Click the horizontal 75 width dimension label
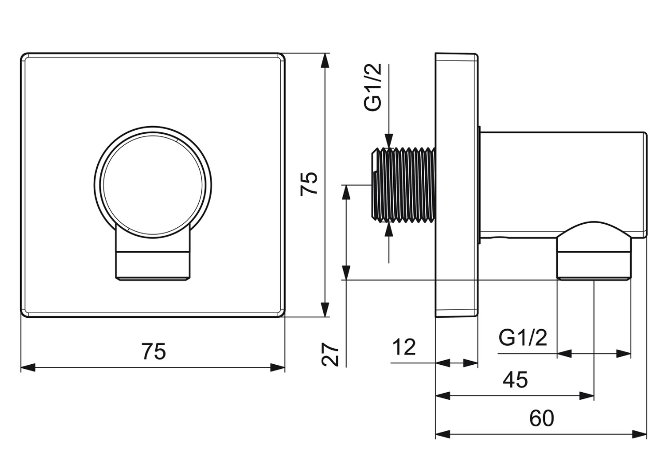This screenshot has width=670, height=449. coord(154,352)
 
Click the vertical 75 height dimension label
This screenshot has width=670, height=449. coord(309,184)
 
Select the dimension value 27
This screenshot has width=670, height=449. coord(330,354)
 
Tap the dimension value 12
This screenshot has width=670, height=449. coord(404,347)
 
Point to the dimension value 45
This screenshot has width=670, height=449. coord(515,380)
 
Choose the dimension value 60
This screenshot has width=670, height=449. coord(541,418)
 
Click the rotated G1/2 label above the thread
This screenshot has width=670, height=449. coord(373,87)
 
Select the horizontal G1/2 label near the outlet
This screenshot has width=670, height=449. coord(523,338)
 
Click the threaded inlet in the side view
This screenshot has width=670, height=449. coord(403,185)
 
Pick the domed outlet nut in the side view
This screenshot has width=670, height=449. coord(594,251)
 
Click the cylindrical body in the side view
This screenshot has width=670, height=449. coord(562,185)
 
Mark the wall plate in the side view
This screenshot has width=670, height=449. coord(456,185)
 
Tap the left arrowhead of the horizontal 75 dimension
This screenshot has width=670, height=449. coord(28,367)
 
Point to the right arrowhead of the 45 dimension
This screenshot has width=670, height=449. coord(587,396)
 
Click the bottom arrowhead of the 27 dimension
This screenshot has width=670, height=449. coord(346,273)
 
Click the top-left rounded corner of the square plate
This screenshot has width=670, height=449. coord(23,56)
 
